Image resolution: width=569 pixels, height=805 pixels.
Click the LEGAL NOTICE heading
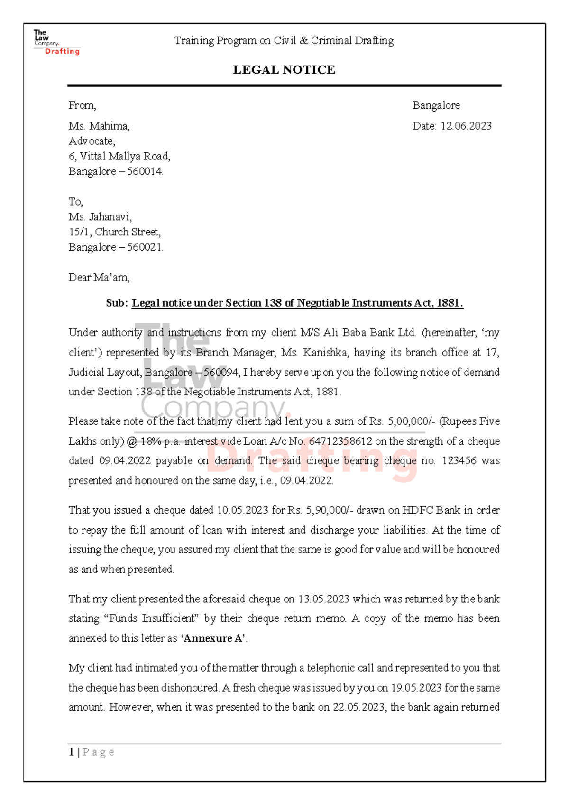pyautogui.click(x=284, y=70)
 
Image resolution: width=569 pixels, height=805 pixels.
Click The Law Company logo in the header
pyautogui.click(x=56, y=43)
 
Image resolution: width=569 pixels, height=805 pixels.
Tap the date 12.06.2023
pyautogui.click(x=466, y=126)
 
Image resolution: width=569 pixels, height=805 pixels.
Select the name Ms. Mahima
pyautogui.click(x=99, y=126)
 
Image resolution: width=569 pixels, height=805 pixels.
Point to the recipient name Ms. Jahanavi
pyautogui.click(x=100, y=217)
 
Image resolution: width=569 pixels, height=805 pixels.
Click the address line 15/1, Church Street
pyautogui.click(x=114, y=232)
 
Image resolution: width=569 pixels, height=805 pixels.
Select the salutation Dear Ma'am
pyautogui.click(x=99, y=277)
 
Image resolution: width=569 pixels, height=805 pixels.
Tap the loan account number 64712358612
pyautogui.click(x=340, y=441)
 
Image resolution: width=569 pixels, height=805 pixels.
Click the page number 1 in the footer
pyautogui.click(x=71, y=752)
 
